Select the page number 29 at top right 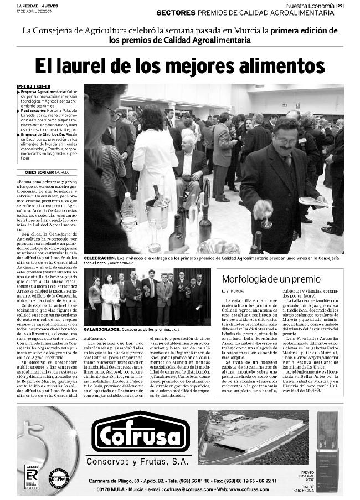pyautogui.click(x=340, y=6)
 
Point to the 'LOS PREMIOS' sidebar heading pyautogui.click(x=33, y=86)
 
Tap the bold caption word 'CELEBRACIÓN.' pyautogui.click(x=100, y=258)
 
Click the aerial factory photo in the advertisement pyautogui.click(x=254, y=437)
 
